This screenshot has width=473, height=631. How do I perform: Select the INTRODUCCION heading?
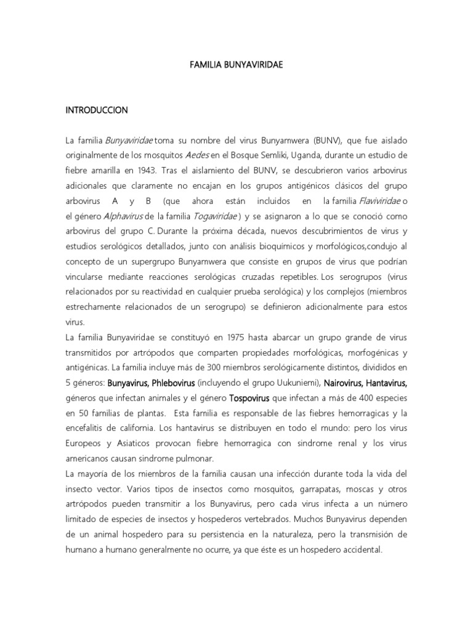click(97, 110)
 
